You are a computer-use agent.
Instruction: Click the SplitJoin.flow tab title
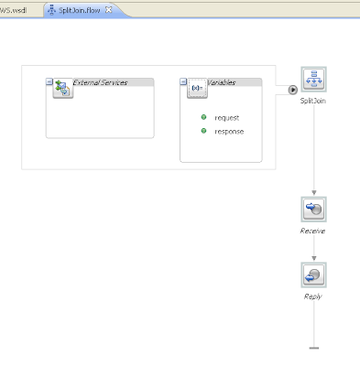pos(80,10)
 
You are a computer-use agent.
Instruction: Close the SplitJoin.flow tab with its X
pos(108,10)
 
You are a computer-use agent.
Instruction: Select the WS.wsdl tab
pos(14,10)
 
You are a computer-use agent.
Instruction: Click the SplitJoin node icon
pos(313,80)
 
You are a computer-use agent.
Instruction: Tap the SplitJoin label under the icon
pos(313,101)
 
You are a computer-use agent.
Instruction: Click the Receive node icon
pos(313,210)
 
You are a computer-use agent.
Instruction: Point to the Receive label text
pos(312,231)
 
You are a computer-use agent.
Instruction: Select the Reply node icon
pos(313,274)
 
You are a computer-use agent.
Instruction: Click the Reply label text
pos(313,296)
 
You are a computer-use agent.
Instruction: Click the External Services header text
pos(100,82)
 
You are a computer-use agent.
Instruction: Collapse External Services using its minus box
pos(49,81)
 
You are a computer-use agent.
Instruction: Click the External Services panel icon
pos(63,88)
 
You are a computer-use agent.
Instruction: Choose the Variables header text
pos(222,82)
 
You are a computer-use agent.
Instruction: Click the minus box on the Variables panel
pos(183,81)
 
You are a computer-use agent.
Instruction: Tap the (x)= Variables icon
pos(197,88)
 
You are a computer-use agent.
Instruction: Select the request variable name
pos(227,118)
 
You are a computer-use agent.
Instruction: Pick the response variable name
pos(229,132)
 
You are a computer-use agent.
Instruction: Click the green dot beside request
pos(203,117)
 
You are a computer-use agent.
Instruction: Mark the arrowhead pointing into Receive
pos(314,193)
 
